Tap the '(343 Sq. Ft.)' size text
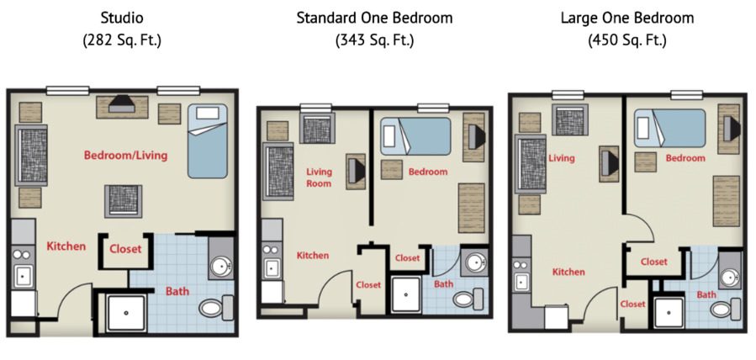tap(374, 39)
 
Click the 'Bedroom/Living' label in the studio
tap(125, 155)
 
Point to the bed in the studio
tap(208, 140)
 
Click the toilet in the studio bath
tap(216, 309)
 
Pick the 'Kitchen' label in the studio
tap(66, 246)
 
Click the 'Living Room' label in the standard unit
tap(319, 177)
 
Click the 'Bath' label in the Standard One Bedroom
tap(443, 284)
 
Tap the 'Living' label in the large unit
tap(561, 158)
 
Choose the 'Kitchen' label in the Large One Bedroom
tap(568, 272)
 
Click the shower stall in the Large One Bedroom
tap(670, 314)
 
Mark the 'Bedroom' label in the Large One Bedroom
tap(685, 158)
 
